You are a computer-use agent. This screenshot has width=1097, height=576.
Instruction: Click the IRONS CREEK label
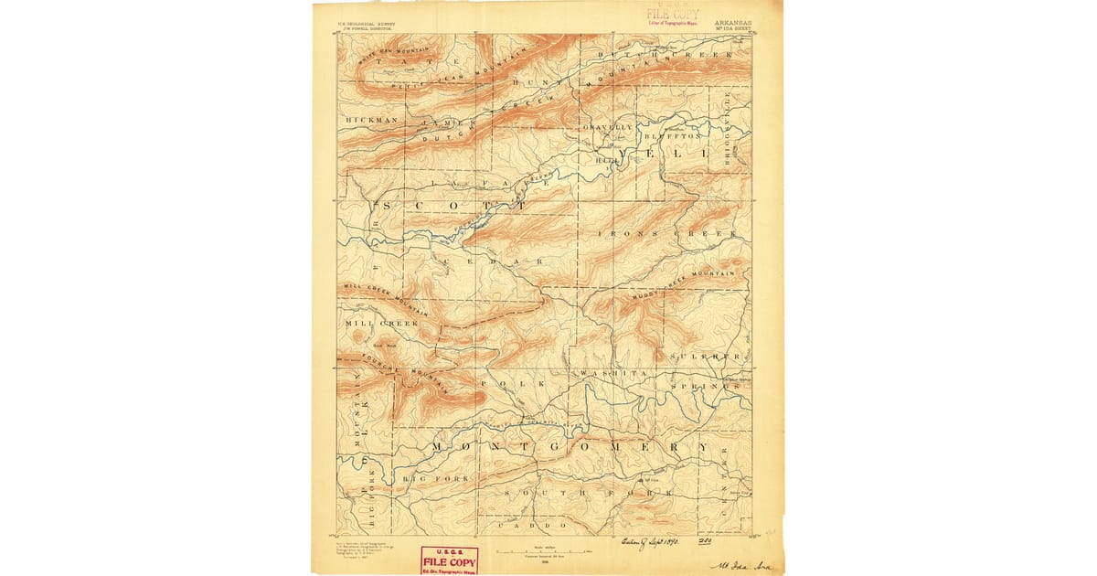[x=667, y=234]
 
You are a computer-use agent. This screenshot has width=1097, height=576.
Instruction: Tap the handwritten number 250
[x=704, y=541]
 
